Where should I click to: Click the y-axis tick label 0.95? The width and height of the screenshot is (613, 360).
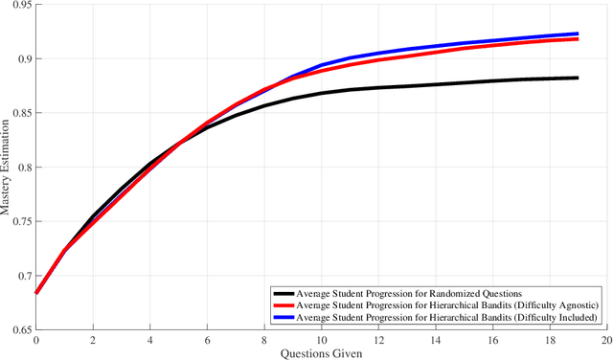pyautogui.click(x=18, y=5)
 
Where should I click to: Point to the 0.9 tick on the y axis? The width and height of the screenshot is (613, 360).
pyautogui.click(x=22, y=59)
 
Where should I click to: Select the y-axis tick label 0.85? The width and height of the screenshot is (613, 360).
pyautogui.click(x=18, y=113)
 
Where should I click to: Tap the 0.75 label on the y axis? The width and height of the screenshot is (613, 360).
pyautogui.click(x=18, y=221)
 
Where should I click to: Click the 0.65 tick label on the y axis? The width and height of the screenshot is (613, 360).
pyautogui.click(x=18, y=329)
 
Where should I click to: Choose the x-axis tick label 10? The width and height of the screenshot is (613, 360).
pyautogui.click(x=321, y=340)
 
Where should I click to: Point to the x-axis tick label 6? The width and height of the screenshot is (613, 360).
pyautogui.click(x=207, y=340)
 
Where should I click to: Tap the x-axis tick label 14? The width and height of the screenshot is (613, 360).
pyautogui.click(x=435, y=340)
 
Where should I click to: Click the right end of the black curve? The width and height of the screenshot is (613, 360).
pyautogui.click(x=578, y=78)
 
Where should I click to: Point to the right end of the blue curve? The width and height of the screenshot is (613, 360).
pyautogui.click(x=578, y=34)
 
